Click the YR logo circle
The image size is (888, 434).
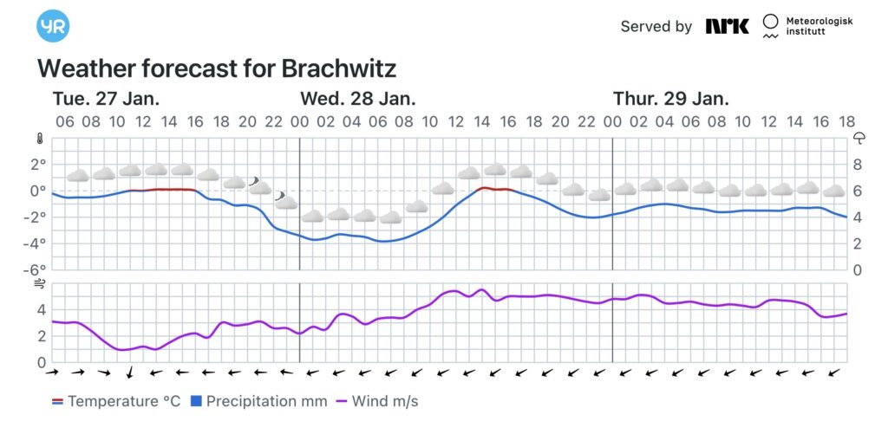52,26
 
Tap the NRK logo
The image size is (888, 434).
727,26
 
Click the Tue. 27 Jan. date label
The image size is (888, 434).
106,98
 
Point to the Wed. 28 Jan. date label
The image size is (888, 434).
357,98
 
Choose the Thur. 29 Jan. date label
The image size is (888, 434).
670,98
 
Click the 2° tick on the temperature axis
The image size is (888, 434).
38,164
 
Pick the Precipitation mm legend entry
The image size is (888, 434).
258,401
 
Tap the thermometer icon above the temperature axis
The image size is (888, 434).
39,138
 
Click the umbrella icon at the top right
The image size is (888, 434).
859,138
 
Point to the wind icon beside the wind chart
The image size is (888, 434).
39,283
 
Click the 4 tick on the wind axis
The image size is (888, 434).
41,309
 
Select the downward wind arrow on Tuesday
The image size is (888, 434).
129,372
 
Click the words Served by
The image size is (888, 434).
656,26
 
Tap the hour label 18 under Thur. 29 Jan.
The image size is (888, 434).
846,122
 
